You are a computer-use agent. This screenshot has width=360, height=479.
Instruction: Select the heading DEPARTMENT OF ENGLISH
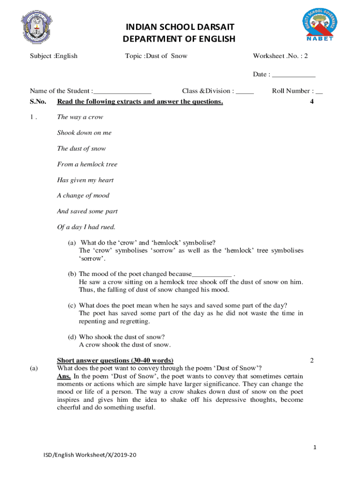[x=179, y=39]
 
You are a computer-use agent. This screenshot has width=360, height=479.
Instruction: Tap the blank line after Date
[x=294, y=75]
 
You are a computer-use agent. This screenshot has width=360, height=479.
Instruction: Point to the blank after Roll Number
[x=319, y=91]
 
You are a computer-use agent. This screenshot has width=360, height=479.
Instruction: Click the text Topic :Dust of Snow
[x=156, y=56]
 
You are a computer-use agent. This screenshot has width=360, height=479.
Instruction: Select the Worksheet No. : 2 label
[x=281, y=56]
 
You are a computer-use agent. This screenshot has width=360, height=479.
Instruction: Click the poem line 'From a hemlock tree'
[x=87, y=164]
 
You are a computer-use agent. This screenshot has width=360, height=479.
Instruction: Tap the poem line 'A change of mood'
[x=83, y=196]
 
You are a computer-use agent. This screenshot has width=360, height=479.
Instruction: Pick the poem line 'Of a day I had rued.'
[x=86, y=227]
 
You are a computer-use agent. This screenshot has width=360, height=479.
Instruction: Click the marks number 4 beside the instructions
[x=312, y=102]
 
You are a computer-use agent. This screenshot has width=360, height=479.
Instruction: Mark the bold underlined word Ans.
[x=64, y=376]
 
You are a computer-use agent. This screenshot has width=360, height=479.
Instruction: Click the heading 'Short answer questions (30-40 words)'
[x=115, y=360]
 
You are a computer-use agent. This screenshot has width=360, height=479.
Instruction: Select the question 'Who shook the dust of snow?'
[x=122, y=337]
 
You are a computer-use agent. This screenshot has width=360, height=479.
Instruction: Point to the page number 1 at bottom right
[x=315, y=448]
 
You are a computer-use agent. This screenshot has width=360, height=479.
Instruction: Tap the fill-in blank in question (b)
[x=212, y=274]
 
